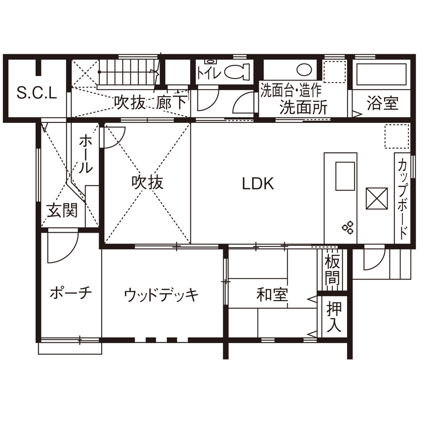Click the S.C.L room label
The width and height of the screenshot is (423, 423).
(x=37, y=93)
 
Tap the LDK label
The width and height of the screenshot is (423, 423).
(x=257, y=184)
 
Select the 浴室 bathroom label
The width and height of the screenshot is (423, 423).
(x=383, y=104)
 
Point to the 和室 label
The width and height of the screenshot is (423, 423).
(x=272, y=295)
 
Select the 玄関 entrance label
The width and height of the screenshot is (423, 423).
(x=62, y=210)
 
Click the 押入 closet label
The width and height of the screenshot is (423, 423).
(x=333, y=316)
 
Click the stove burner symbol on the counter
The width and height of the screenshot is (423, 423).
(x=348, y=227)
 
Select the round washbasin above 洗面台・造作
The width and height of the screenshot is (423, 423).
(x=304, y=69)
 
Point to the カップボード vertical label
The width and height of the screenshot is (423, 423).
(x=403, y=199)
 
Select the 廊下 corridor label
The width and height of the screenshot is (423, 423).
(x=172, y=103)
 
